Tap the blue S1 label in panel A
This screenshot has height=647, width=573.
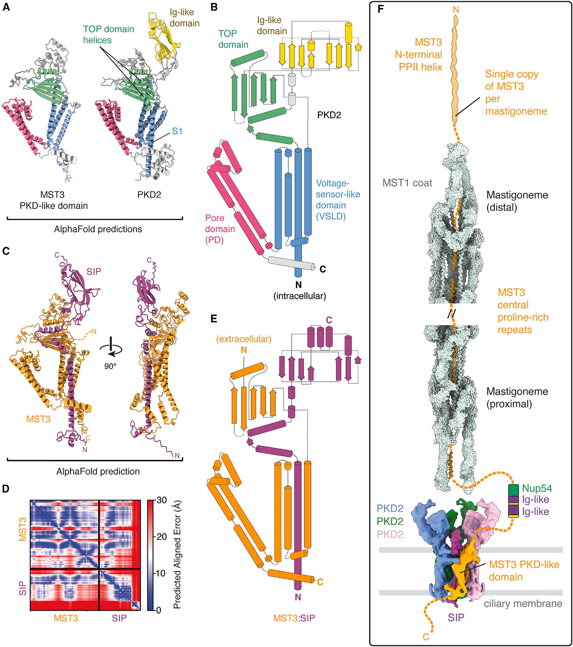(x=177, y=131)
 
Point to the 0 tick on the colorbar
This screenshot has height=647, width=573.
(x=159, y=610)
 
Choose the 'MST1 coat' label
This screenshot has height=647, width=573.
(x=407, y=183)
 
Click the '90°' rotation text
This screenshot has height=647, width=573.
(x=111, y=366)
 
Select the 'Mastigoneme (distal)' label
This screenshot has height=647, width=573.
(x=517, y=201)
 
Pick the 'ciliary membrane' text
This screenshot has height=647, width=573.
(x=523, y=604)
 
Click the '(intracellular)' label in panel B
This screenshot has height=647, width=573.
(x=299, y=296)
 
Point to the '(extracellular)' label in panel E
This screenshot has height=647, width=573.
(x=244, y=339)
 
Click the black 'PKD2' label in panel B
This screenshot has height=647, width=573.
(x=329, y=115)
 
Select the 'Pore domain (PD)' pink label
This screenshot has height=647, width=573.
(x=220, y=229)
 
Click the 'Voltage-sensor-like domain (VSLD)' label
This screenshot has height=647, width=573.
(x=338, y=200)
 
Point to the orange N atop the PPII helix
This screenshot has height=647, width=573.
(x=456, y=10)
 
